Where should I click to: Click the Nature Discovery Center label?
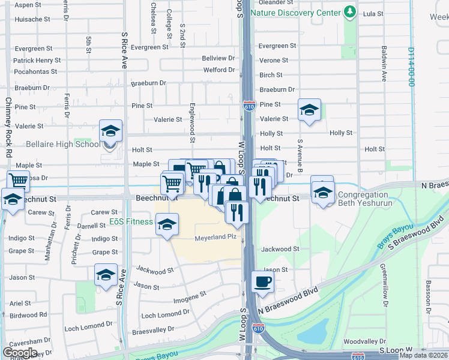295,12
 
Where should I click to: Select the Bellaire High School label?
63,144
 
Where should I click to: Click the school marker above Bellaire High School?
111,130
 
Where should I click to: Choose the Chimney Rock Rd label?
8,127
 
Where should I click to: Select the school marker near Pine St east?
309,110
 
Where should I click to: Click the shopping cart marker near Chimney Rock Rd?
19,180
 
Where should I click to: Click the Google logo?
20,352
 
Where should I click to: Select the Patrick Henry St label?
37,61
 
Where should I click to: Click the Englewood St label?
193,131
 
